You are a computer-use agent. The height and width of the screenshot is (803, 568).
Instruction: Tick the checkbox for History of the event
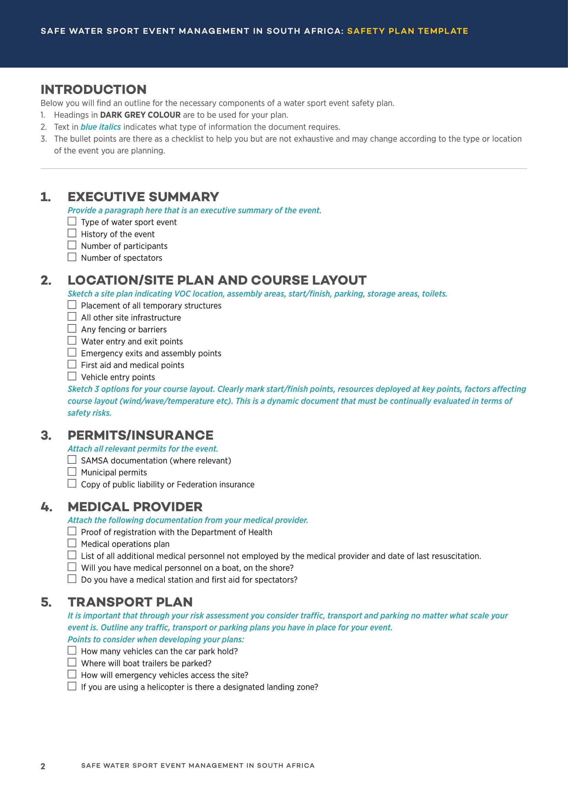point(72,233)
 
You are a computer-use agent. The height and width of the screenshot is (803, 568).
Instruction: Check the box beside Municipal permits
point(72,471)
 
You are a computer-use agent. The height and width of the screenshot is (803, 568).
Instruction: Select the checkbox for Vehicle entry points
point(72,376)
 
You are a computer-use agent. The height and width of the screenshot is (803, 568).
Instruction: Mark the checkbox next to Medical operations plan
point(72,543)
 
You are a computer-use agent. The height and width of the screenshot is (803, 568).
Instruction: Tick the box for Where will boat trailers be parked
point(72,662)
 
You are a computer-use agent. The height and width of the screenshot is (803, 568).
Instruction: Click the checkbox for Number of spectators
point(72,257)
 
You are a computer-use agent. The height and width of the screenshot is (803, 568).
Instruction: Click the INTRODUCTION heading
point(93,90)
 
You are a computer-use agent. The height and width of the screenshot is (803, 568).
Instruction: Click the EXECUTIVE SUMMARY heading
point(143,197)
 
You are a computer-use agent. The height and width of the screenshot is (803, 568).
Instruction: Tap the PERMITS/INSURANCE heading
point(140,435)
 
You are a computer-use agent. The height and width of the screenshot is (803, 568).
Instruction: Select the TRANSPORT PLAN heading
point(130,602)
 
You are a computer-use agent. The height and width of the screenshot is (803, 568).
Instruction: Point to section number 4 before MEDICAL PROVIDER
point(46,507)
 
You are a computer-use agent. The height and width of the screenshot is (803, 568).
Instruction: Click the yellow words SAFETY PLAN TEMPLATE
point(407,31)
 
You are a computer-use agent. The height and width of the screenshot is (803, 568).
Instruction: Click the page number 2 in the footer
point(43,766)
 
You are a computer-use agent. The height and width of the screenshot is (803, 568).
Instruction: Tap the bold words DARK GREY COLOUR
point(140,115)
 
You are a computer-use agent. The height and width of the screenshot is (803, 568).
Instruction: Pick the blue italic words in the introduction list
point(100,127)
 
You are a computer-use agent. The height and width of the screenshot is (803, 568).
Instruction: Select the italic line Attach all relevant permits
point(143,449)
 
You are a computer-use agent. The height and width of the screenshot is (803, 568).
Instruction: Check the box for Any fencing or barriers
point(72,329)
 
